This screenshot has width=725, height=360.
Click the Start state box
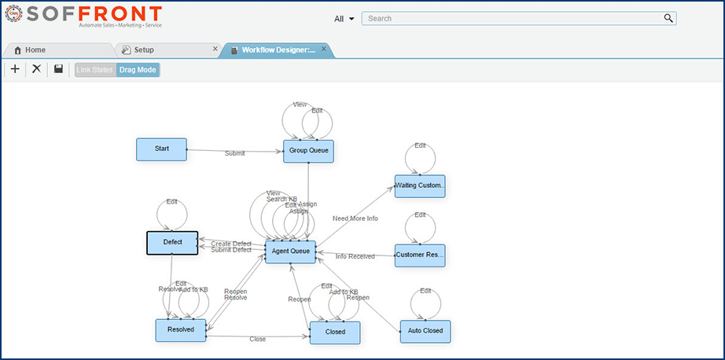162,149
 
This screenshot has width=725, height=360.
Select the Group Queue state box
308,151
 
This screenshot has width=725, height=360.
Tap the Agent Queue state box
290,252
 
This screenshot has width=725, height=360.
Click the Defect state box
172,242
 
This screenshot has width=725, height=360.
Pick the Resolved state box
180,330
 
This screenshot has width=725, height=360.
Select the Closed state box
335,332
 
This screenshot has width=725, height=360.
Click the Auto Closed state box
425,331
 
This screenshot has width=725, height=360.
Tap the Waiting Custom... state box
420,186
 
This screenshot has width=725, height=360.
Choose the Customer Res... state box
420,255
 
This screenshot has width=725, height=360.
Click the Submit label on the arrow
234,153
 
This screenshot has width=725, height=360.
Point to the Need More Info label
355,219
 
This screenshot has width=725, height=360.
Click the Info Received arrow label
355,256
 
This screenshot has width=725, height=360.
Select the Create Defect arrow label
231,244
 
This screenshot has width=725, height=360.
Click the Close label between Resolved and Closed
257,340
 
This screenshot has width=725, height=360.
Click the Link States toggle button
95,70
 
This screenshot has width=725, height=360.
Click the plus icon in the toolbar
15,69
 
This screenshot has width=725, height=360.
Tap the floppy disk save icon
58,69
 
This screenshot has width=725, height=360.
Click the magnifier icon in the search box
668,18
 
